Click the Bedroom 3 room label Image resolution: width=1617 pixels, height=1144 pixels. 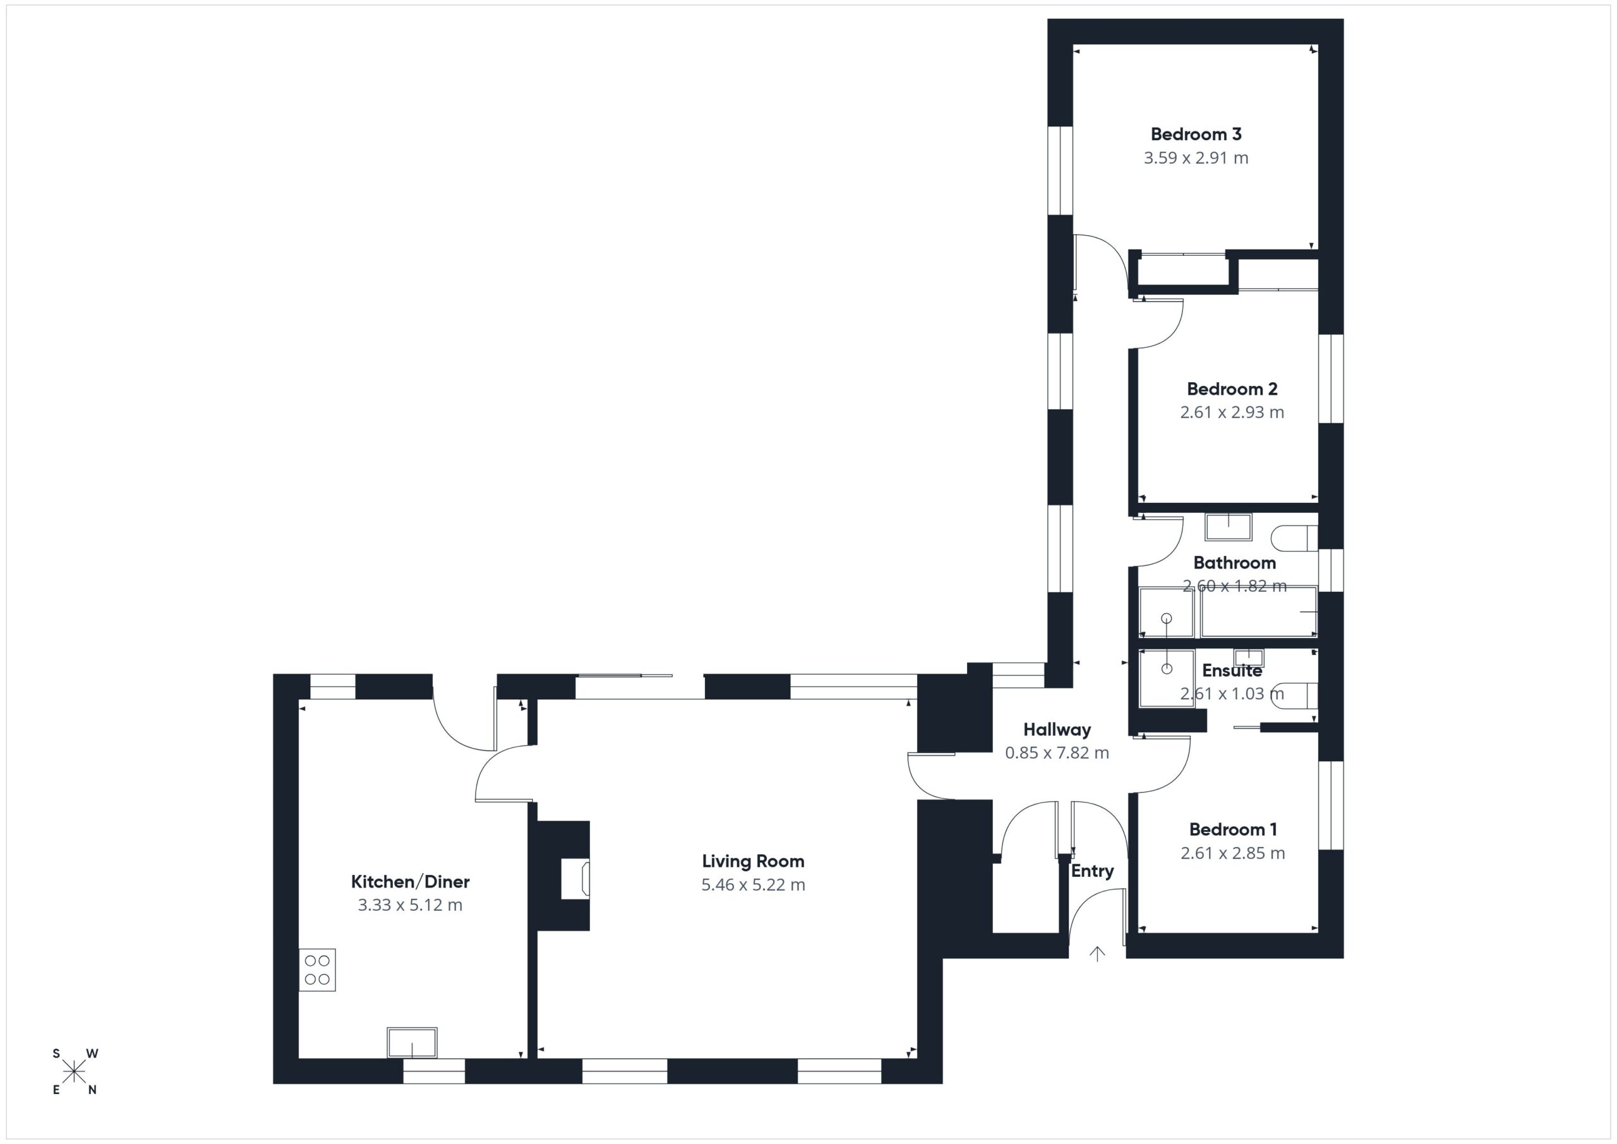click(1196, 134)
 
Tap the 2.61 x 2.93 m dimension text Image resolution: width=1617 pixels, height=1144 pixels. click(1232, 412)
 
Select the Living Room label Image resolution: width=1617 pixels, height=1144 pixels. click(753, 862)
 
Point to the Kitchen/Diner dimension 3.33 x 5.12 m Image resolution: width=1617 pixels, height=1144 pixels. click(410, 905)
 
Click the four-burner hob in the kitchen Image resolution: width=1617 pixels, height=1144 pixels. click(317, 970)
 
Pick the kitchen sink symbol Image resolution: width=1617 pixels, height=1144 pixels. click(412, 1042)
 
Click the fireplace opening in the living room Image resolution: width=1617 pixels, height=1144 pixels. click(575, 879)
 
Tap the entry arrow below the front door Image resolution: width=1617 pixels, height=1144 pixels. click(1097, 954)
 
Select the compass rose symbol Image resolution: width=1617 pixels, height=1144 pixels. click(74, 1072)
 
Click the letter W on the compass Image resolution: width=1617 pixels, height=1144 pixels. click(92, 1054)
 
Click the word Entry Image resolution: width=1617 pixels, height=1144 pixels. click(1092, 871)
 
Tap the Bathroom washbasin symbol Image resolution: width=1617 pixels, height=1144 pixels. click(1229, 527)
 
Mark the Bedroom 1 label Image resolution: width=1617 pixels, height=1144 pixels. click(1233, 830)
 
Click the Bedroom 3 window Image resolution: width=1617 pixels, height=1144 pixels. click(1060, 171)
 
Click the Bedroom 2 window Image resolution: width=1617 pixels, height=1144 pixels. click(1330, 379)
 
